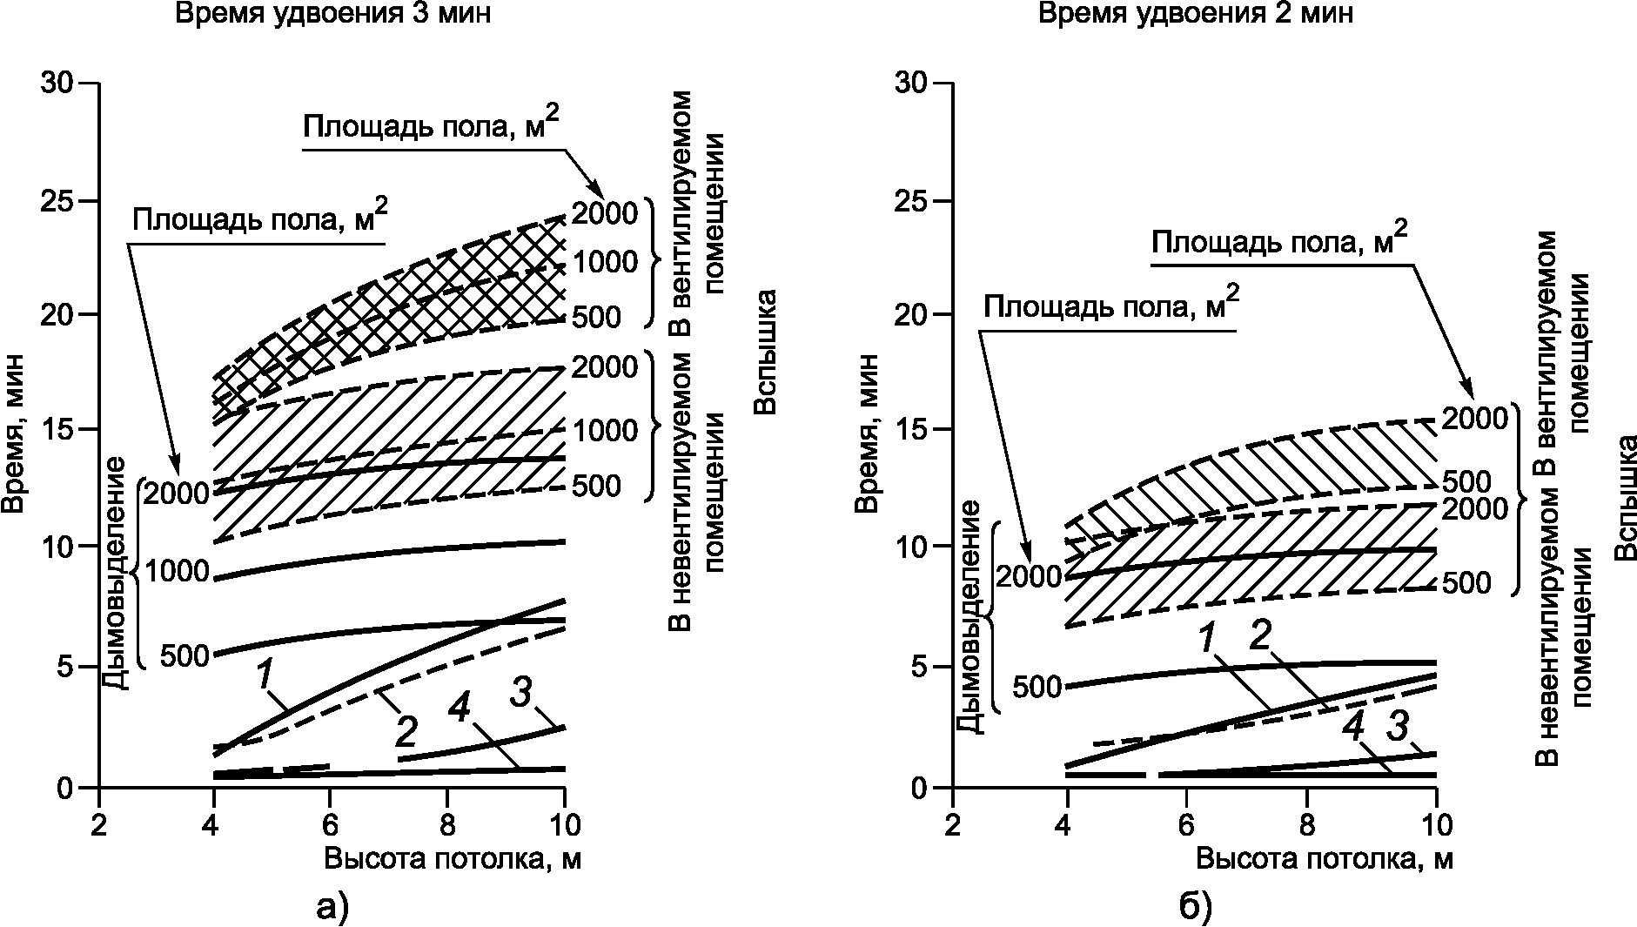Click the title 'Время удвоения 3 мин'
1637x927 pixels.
[x=327, y=16]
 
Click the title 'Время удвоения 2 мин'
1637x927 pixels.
[x=1195, y=16]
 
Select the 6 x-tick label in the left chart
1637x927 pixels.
[x=330, y=823]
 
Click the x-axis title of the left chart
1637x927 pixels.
[x=453, y=859]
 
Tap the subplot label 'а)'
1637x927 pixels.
[x=331, y=907]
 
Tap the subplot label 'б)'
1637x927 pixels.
[x=1196, y=907]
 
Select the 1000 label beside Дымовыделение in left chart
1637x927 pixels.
[x=178, y=572]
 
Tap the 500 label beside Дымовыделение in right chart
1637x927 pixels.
[x=1037, y=687]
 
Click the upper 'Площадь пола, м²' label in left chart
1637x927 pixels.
[x=430, y=127]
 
